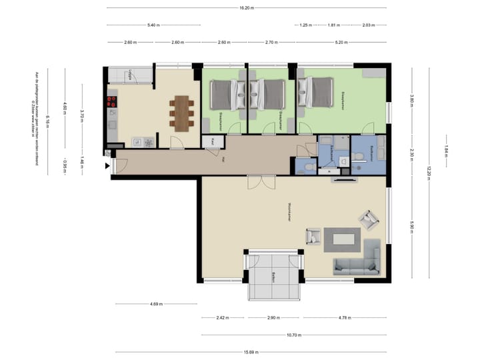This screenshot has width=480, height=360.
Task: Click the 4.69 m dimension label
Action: click(155, 304)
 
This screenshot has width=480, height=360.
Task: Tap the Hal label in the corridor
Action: click(224, 159)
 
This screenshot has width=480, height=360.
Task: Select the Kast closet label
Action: click(213, 141)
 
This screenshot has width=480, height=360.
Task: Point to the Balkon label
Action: click(273, 277)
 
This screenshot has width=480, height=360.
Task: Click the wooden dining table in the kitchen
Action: click(181, 112)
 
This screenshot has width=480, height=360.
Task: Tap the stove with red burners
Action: click(111, 102)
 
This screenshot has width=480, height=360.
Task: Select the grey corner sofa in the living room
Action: click(360, 263)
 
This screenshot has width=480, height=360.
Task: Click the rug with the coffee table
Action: click(342, 239)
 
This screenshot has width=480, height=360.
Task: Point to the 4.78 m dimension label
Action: click(345, 317)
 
